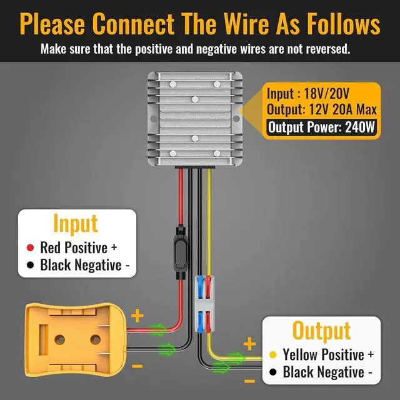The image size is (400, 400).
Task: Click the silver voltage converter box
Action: [194, 119]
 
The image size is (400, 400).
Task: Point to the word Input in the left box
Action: [76, 223]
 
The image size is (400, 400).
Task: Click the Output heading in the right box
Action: [321, 330]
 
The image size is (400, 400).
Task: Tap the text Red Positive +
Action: [79, 247]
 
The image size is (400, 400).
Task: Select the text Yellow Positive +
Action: [328, 354]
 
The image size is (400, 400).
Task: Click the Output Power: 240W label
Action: [321, 127]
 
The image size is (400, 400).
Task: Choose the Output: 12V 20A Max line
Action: [321, 110]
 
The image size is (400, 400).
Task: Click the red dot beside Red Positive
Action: [30, 247]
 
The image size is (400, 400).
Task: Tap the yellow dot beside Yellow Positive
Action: [273, 354]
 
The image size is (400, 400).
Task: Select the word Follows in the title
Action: [336, 24]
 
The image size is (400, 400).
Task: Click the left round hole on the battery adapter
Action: [60, 339]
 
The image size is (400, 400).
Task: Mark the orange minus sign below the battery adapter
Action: [137, 367]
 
